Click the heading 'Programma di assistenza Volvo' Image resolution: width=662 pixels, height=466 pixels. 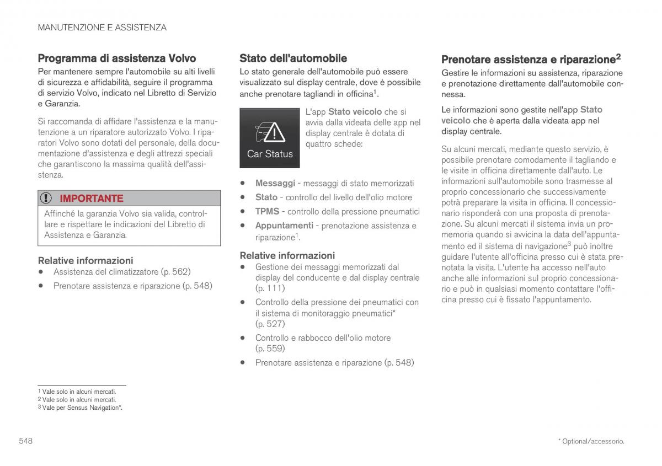pyautogui.click(x=116, y=58)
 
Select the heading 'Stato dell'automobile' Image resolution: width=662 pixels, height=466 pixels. pyautogui.click(x=293, y=58)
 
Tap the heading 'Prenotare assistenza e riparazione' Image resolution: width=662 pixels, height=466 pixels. pyautogui.click(x=528, y=59)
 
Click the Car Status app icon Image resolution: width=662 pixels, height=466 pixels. pyautogui.click(x=270, y=138)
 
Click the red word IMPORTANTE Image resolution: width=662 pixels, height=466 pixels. pyautogui.click(x=92, y=198)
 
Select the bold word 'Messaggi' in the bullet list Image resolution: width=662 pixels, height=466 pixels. pyautogui.click(x=275, y=183)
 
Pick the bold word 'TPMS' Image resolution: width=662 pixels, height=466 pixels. pyautogui.click(x=267, y=211)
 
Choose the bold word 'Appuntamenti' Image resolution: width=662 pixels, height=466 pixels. pyautogui.click(x=284, y=226)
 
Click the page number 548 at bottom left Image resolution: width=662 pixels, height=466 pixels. pyautogui.click(x=26, y=441)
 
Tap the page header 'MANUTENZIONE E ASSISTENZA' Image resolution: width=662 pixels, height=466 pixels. pyautogui.click(x=102, y=27)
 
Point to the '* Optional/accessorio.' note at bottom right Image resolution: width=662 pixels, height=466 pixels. pyautogui.click(x=591, y=441)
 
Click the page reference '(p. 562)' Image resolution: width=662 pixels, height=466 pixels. pyautogui.click(x=175, y=271)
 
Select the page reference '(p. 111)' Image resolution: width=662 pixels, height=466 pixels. pyautogui.click(x=270, y=288)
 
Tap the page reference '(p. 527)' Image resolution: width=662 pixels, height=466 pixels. pyautogui.click(x=270, y=324)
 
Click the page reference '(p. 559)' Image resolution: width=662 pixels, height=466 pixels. pyautogui.click(x=270, y=349)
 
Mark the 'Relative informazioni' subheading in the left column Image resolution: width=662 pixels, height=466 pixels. pyautogui.click(x=86, y=260)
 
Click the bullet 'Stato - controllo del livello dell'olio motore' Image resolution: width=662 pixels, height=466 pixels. pyautogui.click(x=333, y=197)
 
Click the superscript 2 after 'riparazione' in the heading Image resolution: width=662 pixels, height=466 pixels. pyautogui.click(x=619, y=56)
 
